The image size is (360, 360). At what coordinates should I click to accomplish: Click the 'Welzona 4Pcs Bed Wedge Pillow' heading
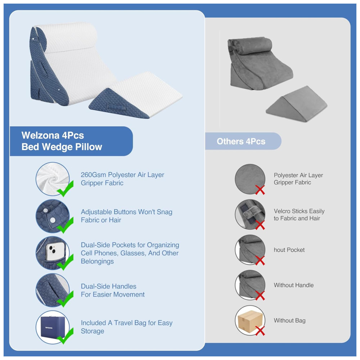click(x=62, y=141)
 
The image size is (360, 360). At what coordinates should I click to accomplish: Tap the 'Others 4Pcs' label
click(x=241, y=141)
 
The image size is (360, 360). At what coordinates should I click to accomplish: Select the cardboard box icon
click(x=250, y=320)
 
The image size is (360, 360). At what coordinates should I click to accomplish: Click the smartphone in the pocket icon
click(x=55, y=252)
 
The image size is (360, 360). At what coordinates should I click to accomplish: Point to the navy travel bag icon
click(x=52, y=327)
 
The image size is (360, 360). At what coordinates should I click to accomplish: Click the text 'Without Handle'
click(x=294, y=285)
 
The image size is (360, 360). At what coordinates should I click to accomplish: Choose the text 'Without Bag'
click(x=289, y=320)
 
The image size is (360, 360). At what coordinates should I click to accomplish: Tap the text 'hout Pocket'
click(x=289, y=250)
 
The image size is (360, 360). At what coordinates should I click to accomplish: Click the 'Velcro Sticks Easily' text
click(x=299, y=211)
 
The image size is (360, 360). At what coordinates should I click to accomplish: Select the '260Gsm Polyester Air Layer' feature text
click(x=122, y=175)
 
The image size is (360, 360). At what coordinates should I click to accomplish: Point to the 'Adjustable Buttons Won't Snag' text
click(x=126, y=212)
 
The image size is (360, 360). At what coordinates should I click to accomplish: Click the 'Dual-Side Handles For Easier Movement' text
click(x=113, y=291)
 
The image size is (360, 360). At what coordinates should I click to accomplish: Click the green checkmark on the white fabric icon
click(x=65, y=189)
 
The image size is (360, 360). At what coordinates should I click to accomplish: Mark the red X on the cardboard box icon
click(x=260, y=331)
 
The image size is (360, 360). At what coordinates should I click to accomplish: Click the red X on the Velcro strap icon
click(x=260, y=225)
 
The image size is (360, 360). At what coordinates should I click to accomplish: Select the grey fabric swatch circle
click(x=250, y=179)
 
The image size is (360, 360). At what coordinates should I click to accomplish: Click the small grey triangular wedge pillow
click(x=296, y=104)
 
